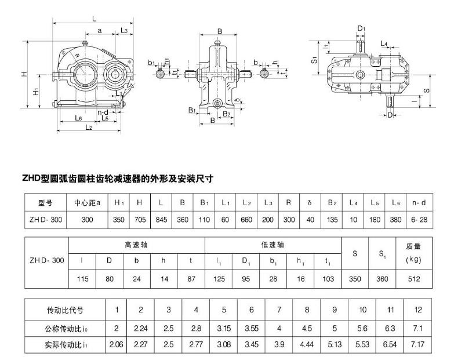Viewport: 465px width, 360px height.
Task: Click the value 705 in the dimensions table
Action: [140, 220]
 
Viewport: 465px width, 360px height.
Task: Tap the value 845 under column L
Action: [161, 220]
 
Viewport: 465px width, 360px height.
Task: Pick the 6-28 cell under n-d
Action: [419, 220]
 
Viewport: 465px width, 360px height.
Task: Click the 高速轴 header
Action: [136, 245]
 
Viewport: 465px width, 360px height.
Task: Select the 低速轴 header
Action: [273, 245]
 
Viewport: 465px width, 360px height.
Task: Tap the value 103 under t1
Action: [328, 278]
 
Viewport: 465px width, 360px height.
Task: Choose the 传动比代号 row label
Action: [65, 310]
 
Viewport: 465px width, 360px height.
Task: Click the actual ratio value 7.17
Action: [418, 344]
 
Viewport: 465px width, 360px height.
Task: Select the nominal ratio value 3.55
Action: [251, 328]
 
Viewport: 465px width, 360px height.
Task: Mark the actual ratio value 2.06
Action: [117, 344]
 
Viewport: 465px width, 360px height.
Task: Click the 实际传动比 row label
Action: [65, 344]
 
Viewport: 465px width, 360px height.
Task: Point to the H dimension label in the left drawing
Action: [24, 74]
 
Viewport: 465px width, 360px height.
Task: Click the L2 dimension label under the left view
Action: [89, 127]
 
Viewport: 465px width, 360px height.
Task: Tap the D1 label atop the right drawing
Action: [361, 28]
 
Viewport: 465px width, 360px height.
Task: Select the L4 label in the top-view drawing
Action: [384, 44]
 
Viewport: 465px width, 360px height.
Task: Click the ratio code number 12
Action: [418, 310]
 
